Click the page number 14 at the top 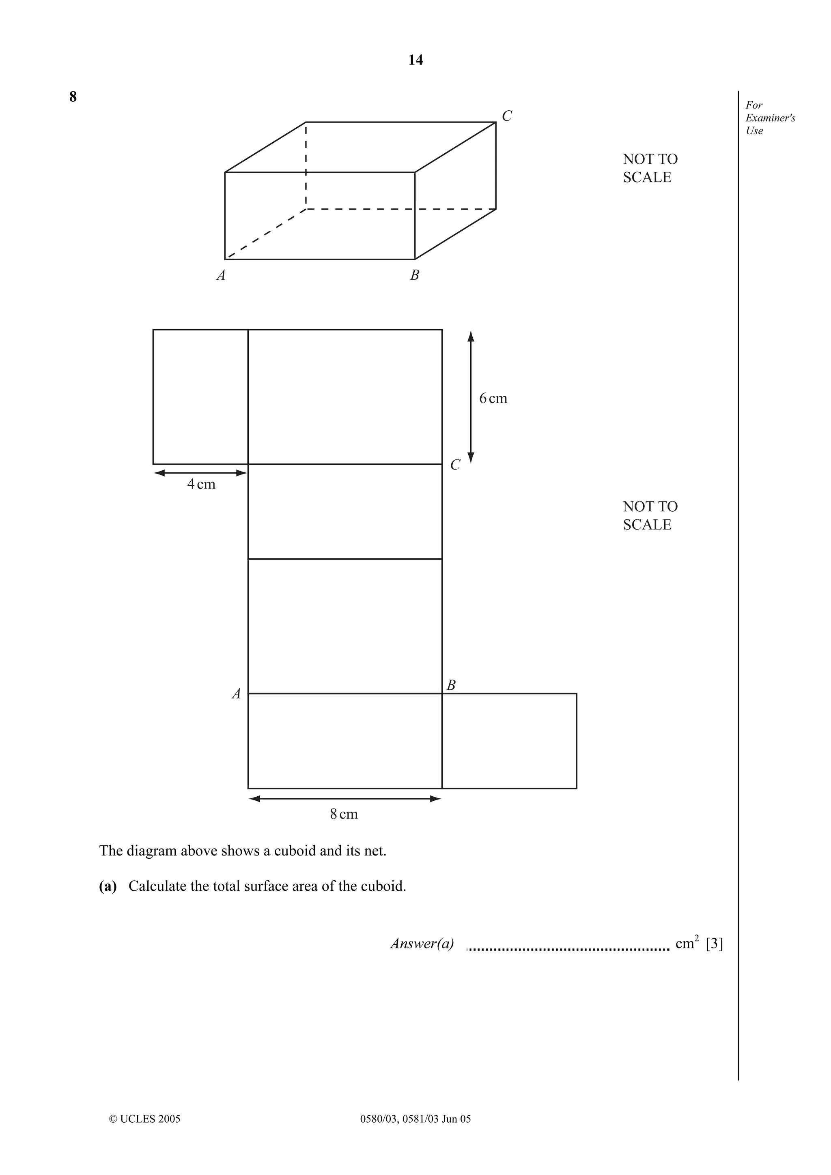tap(415, 60)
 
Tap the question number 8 tap(73, 97)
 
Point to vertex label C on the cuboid tap(506, 116)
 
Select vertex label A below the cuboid tap(221, 275)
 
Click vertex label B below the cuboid tap(415, 275)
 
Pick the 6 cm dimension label tap(493, 398)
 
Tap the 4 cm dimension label tap(201, 484)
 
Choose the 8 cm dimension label tap(344, 814)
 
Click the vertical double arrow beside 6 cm tap(471, 397)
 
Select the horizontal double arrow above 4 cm tap(200, 473)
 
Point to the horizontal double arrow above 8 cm tap(344, 799)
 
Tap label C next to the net tap(455, 465)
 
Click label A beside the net tap(236, 694)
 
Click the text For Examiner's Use tap(770, 118)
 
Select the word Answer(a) tap(422, 943)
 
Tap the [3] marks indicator tap(714, 943)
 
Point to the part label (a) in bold tap(108, 886)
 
